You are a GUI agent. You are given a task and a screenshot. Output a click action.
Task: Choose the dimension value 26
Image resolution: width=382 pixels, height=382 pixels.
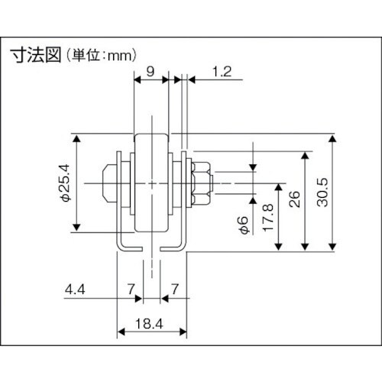coord(293,200)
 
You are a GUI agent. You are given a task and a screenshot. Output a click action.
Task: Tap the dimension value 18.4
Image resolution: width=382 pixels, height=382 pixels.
coord(151,324)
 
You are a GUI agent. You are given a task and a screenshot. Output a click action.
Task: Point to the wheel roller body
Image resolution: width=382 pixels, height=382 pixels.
coord(153,183)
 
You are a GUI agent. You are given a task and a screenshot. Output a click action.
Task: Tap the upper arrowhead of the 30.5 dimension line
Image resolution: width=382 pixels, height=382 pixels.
coord(334,139)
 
